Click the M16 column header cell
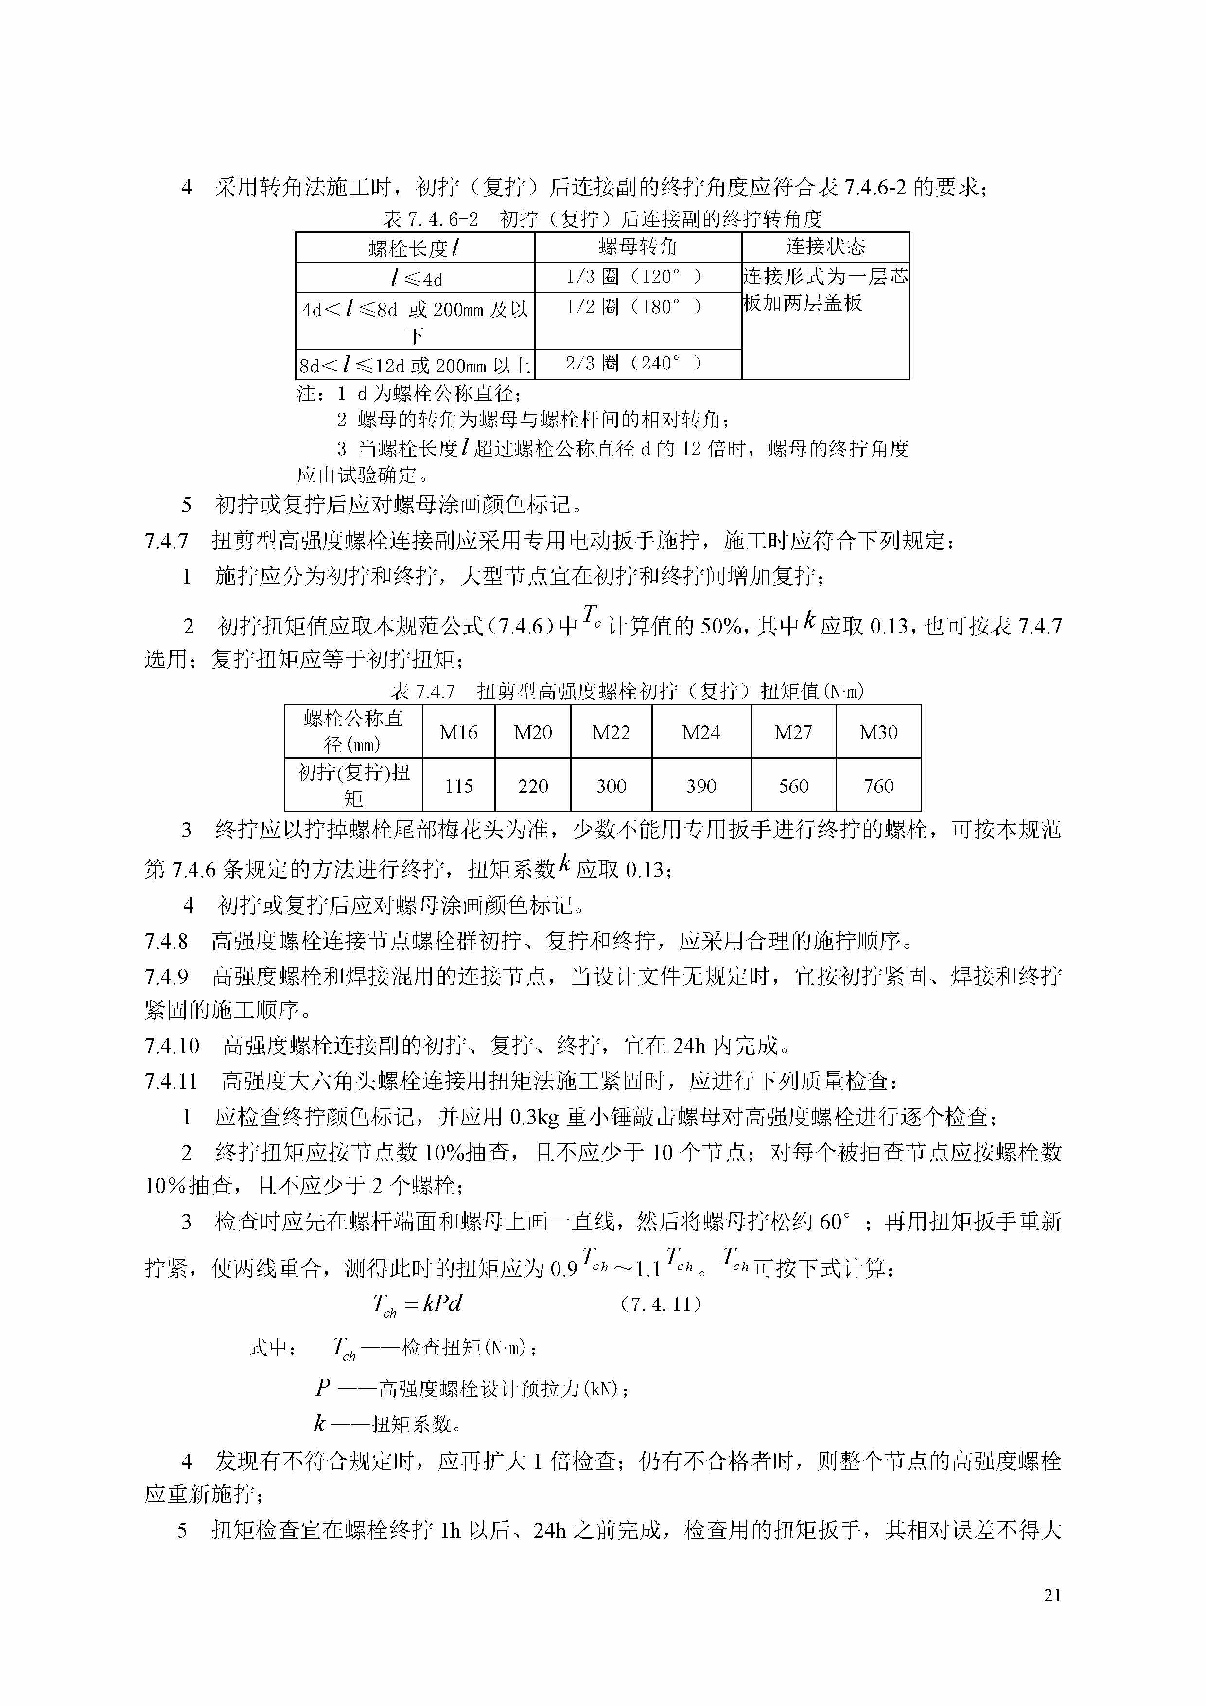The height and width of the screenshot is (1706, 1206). (x=458, y=732)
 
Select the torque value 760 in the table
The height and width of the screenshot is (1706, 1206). (x=878, y=786)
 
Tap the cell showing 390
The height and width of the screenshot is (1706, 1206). (x=701, y=786)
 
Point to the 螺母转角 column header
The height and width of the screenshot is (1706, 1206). (x=638, y=246)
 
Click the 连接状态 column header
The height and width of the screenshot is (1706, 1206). (x=825, y=246)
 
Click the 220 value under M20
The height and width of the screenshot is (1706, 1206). (x=533, y=786)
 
